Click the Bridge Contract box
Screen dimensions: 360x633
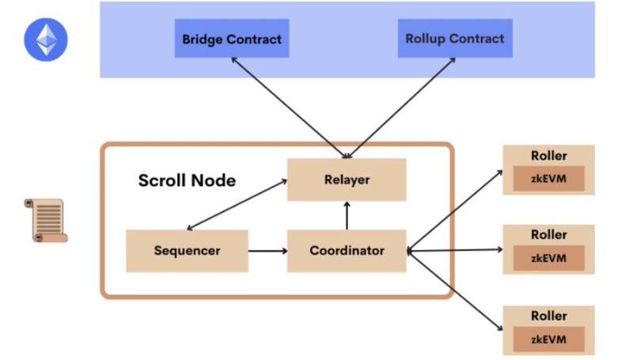[231, 38]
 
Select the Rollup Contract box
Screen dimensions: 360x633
[454, 38]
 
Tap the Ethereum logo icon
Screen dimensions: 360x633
[46, 40]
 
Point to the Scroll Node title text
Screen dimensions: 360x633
[187, 180]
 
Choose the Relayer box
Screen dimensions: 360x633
[347, 180]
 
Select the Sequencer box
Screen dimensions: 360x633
[187, 251]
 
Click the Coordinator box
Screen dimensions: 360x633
[347, 251]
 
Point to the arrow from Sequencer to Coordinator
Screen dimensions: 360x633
[267, 252]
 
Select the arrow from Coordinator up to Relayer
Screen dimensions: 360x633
[347, 215]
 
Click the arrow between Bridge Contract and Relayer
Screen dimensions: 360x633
[285, 107]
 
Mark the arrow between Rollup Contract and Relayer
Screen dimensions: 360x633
[404, 107]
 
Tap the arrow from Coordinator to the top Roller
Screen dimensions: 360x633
[455, 210]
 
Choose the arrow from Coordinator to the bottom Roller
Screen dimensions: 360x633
[455, 290]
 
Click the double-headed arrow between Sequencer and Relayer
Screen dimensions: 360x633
[237, 204]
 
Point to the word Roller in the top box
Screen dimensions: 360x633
[549, 156]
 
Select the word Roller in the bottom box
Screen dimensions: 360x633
[549, 316]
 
